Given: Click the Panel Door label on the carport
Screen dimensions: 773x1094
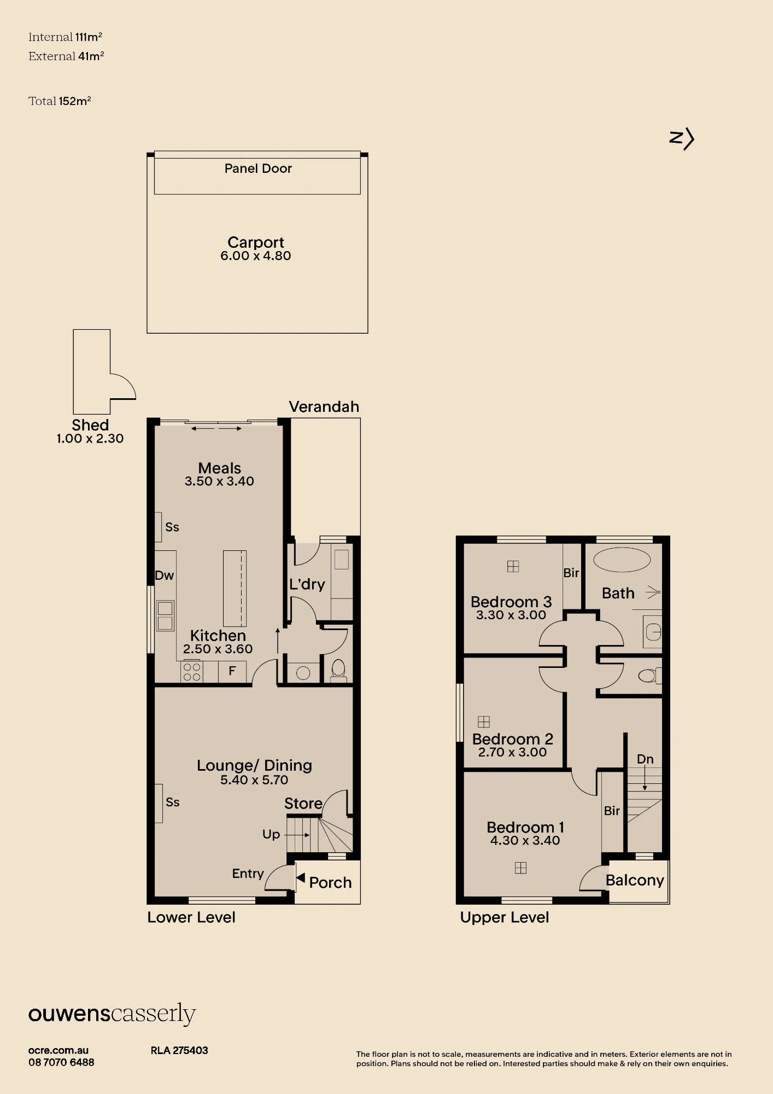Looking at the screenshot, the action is (258, 168).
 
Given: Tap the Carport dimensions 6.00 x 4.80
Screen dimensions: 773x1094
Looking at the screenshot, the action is (256, 256).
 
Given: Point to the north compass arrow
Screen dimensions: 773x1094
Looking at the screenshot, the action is (682, 138).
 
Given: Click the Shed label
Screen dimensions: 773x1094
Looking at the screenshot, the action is (90, 425).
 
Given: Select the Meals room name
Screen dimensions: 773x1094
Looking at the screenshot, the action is (219, 468).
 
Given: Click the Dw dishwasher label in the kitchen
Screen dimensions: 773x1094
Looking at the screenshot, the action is (165, 575).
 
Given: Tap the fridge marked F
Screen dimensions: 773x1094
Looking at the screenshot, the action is (232, 671).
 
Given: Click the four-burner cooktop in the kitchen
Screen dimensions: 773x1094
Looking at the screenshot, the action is (191, 672).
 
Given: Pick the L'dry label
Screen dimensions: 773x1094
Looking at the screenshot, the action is (307, 584).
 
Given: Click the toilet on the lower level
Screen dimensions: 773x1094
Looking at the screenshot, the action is (338, 671).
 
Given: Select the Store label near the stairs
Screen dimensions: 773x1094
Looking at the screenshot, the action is (303, 804).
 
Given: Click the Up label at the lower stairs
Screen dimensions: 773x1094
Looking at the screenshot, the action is (271, 834).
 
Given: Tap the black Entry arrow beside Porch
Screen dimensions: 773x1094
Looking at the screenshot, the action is (301, 878).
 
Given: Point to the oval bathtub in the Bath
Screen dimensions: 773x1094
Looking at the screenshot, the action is (622, 560).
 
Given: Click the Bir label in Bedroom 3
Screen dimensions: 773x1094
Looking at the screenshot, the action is (571, 573).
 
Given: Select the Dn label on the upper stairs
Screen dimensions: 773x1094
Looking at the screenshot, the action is (645, 759).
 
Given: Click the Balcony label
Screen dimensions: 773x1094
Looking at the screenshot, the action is (635, 880).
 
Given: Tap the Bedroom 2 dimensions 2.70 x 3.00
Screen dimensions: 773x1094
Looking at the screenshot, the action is (512, 752).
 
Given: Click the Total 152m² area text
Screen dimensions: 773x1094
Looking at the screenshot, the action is (60, 101).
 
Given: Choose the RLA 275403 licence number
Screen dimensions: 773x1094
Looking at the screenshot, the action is (179, 1050).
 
